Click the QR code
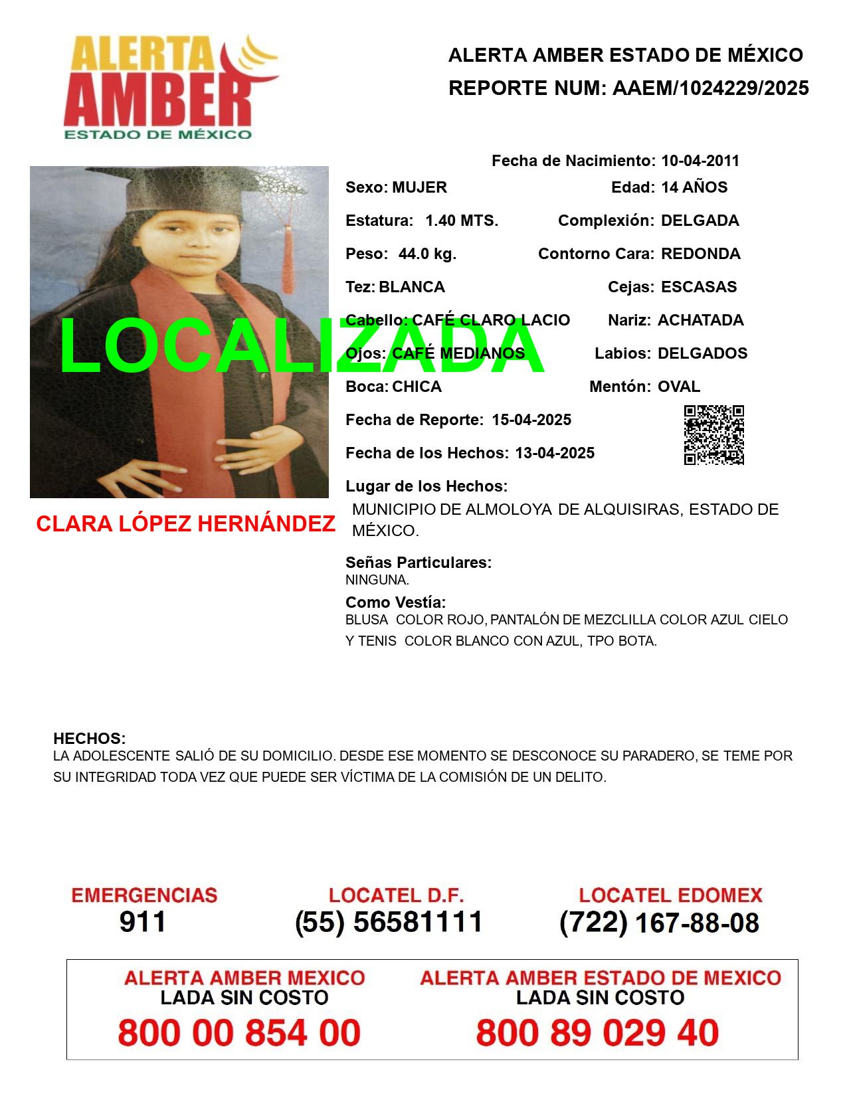coord(714,435)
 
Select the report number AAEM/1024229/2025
coord(710,88)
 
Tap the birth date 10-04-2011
coord(700,161)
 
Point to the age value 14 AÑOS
coord(694,187)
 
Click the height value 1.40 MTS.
coord(462,221)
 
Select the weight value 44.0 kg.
coord(427,254)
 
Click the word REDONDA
coord(701,254)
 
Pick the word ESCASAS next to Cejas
coord(699,287)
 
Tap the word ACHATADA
coord(701,320)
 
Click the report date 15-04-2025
coord(531,420)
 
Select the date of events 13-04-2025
coord(555,453)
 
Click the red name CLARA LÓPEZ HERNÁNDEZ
coord(185,524)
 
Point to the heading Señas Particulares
coord(419,563)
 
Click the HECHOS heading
coord(89,739)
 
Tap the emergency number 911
coord(143,922)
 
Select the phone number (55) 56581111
coord(389,922)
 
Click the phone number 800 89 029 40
coord(597,1033)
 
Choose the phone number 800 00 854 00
coord(239,1033)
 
